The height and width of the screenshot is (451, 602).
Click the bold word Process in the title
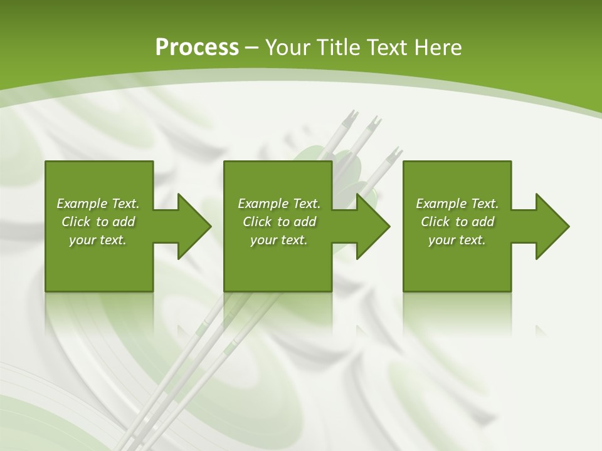click(x=197, y=47)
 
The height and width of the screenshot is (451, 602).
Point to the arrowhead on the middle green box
click(x=372, y=226)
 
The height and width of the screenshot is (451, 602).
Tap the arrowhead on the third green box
click(x=552, y=226)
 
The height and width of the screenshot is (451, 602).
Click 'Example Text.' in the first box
click(x=98, y=204)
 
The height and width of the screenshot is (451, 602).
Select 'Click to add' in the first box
click(x=98, y=222)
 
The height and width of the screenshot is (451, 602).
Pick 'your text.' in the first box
click(x=98, y=240)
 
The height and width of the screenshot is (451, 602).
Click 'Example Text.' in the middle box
click(x=279, y=204)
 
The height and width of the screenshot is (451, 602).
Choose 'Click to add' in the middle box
click(x=279, y=222)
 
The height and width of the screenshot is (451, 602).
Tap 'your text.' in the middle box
click(x=279, y=240)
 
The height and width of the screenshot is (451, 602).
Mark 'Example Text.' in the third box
click(x=457, y=204)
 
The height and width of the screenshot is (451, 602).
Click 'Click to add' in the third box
click(x=457, y=222)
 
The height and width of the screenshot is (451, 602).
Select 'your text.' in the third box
click(x=457, y=240)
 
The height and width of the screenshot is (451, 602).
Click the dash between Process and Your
click(x=251, y=48)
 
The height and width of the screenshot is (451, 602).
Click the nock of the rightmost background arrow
click(x=395, y=153)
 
